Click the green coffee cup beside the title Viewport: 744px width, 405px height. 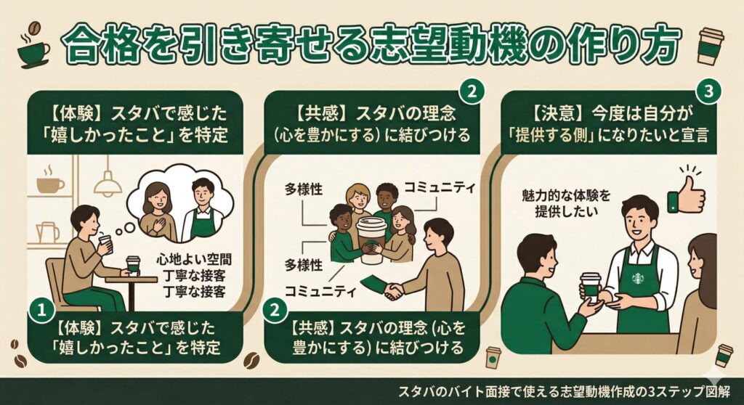[33, 49]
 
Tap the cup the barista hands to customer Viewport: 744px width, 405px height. [590, 285]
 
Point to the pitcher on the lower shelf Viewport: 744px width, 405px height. [46, 232]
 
